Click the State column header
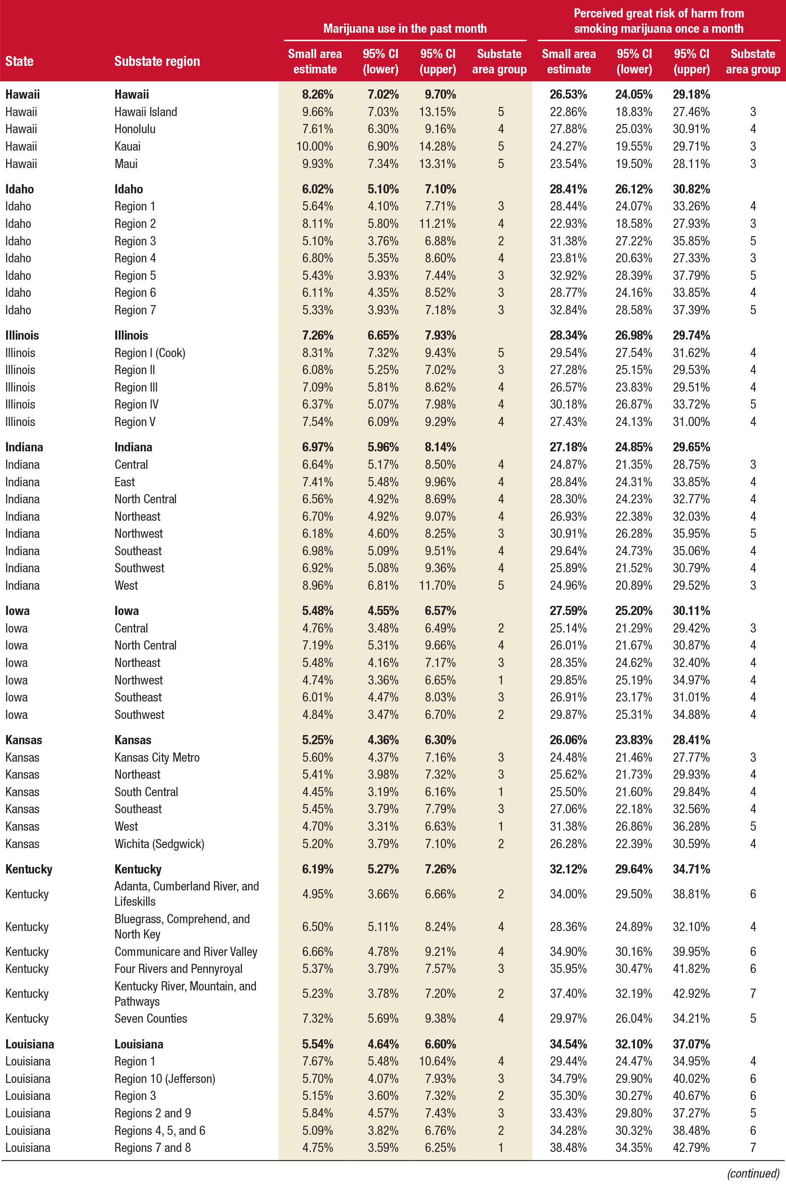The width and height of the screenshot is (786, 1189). click(x=20, y=61)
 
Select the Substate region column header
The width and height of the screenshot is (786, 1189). click(x=157, y=61)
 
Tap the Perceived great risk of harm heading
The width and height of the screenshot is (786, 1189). click(x=658, y=21)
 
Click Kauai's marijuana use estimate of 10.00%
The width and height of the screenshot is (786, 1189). click(x=314, y=146)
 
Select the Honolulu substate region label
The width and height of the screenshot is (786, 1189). click(x=135, y=129)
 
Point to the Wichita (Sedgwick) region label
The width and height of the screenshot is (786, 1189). click(x=159, y=844)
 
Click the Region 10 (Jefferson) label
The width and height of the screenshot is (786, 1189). click(x=165, y=1078)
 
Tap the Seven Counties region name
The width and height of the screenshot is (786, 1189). click(x=150, y=1018)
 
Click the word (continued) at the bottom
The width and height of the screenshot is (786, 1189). click(x=753, y=1173)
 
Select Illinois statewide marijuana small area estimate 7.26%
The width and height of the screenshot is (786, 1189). click(x=317, y=335)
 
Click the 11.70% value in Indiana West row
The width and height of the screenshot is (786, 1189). click(x=437, y=585)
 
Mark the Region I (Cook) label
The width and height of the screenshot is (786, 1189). click(x=150, y=353)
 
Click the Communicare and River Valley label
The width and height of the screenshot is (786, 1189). click(x=186, y=952)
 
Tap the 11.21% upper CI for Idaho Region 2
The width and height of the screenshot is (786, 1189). click(x=437, y=223)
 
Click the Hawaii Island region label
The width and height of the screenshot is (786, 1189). click(x=145, y=112)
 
